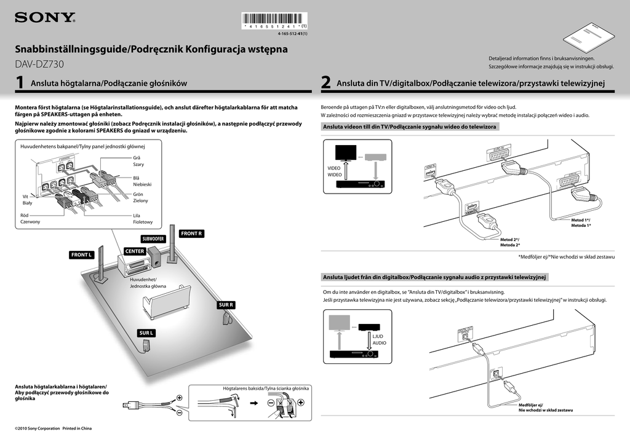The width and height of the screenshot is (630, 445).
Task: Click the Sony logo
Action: click(x=45, y=17)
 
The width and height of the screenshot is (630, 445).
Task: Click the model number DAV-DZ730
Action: click(x=39, y=64)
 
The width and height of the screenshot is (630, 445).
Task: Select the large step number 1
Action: click(x=20, y=83)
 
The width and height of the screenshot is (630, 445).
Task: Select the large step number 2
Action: click(x=326, y=83)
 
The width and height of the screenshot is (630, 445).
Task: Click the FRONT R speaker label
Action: click(x=192, y=234)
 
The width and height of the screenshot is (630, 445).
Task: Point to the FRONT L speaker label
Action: click(x=82, y=254)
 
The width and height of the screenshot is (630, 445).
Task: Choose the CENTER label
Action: click(x=135, y=251)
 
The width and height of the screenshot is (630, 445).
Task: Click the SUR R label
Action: click(x=226, y=305)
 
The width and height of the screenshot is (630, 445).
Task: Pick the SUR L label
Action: click(x=146, y=333)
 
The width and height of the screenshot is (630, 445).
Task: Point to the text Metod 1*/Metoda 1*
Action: click(x=580, y=222)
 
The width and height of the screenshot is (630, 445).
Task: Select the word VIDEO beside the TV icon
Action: click(x=334, y=168)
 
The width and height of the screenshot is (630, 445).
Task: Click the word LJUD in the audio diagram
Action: click(x=378, y=336)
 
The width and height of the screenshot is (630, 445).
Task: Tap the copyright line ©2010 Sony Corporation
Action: click(x=53, y=428)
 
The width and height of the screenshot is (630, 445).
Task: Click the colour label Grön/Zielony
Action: click(x=140, y=197)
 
